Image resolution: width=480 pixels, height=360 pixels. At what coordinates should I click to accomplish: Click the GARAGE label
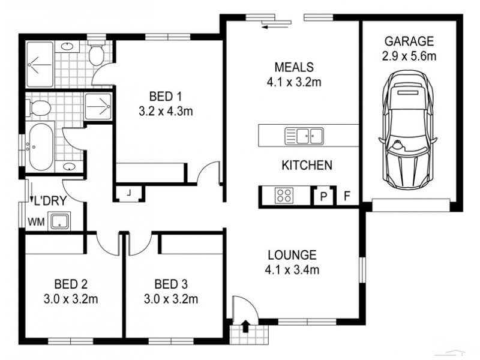pos(409,41)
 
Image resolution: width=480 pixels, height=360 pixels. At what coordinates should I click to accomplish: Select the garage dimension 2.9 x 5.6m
pos(409,56)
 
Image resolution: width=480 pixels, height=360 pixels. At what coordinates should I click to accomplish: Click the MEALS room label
pos(294,67)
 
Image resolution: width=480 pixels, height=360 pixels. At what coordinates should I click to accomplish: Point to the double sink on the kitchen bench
pos(304,134)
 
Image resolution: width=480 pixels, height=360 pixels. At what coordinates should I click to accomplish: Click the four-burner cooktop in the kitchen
pos(284,195)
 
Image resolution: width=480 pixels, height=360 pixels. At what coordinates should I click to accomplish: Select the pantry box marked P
pos(323,196)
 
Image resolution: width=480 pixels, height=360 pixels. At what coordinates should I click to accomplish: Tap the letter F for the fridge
pos(346,196)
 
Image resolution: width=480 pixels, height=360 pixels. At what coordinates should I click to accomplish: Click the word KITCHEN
pos(307,166)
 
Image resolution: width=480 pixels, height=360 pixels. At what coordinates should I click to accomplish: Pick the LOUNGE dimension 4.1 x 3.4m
pos(292,269)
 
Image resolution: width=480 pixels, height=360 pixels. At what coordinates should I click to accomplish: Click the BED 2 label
pos(71,283)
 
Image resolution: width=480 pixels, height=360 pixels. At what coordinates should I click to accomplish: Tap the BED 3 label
pos(171,283)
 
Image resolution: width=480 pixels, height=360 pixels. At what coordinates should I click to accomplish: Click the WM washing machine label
pos(36,222)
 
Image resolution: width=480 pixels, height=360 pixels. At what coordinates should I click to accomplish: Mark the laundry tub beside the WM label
pos(61,221)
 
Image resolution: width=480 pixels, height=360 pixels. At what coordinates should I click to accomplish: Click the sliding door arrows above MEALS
pos(275,22)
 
